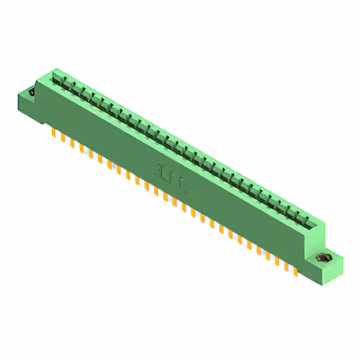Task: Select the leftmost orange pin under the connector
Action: click(53, 133)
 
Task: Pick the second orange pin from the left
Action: click(62, 138)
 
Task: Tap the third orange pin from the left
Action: click(72, 143)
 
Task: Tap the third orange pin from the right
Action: click(277, 261)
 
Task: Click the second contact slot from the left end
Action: click(66, 85)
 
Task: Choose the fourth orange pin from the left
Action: click(82, 148)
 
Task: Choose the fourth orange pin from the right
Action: click(268, 256)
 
